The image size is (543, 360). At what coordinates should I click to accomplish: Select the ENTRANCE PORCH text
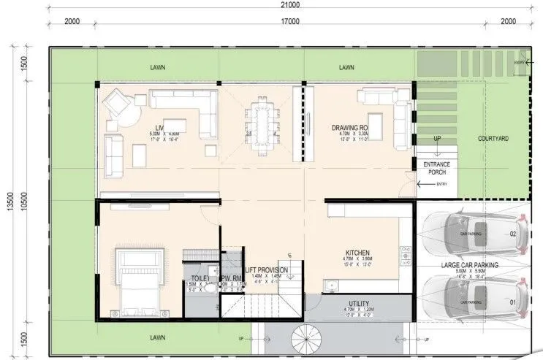click(437, 169)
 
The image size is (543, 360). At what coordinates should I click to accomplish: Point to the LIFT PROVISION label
click(266, 270)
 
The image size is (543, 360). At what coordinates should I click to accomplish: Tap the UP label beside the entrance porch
click(437, 138)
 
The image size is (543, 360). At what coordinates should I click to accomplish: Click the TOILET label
click(200, 278)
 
